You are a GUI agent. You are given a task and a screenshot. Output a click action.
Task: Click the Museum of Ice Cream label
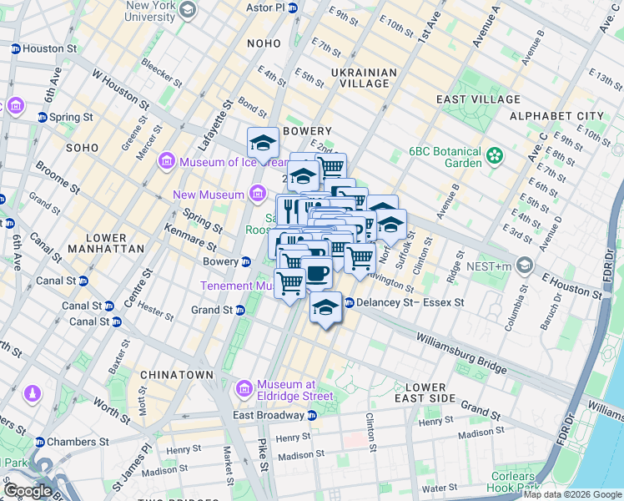coord(220,161)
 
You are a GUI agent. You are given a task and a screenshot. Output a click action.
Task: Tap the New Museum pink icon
coord(257,195)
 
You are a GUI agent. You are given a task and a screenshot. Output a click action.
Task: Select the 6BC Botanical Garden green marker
coord(496,155)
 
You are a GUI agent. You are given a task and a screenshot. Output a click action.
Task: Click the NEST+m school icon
coord(524,266)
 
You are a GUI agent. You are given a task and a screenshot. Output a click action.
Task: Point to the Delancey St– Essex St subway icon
coord(349,302)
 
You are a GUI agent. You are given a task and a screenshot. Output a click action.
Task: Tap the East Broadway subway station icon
coord(312,415)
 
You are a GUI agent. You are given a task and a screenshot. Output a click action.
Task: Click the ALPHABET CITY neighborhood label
coord(556,115)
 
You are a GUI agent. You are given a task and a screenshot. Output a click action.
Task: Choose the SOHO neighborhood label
coord(83,147)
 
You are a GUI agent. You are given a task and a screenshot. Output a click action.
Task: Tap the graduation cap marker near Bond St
coord(264,143)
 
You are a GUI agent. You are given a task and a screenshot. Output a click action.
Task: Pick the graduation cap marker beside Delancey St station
coord(325,308)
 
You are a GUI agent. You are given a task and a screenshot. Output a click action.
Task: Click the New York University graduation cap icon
coord(187,10)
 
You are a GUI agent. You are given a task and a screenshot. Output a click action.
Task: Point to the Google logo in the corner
coord(28,491)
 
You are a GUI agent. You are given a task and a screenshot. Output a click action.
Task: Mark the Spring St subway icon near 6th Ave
coord(42,117)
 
